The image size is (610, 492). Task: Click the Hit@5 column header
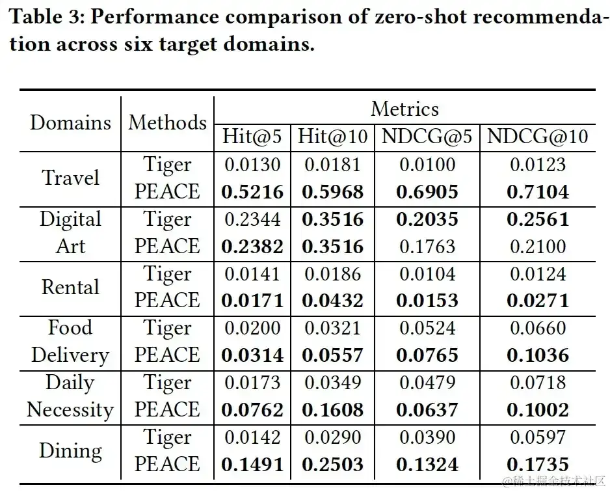[252, 137]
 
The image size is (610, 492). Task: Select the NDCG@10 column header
[537, 137]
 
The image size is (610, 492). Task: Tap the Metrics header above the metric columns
[404, 109]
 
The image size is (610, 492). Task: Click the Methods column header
[167, 122]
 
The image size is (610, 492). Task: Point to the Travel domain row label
[70, 178]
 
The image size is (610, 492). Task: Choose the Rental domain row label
[70, 287]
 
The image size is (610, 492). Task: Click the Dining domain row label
[70, 450]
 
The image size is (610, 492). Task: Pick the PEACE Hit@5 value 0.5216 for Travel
[252, 192]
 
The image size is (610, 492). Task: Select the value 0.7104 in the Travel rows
[537, 192]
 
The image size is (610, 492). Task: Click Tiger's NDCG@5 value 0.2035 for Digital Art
[428, 219]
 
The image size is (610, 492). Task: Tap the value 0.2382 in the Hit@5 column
[252, 247]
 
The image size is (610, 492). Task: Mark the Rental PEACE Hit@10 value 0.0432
[332, 301]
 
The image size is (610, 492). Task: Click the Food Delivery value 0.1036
[537, 355]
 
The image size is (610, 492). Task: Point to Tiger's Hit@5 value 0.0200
[252, 328]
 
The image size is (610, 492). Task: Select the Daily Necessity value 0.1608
[332, 410]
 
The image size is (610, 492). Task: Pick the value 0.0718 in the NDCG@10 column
[537, 383]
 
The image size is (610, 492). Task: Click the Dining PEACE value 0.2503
[332, 465]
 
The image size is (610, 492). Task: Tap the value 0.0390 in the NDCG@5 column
[428, 437]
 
